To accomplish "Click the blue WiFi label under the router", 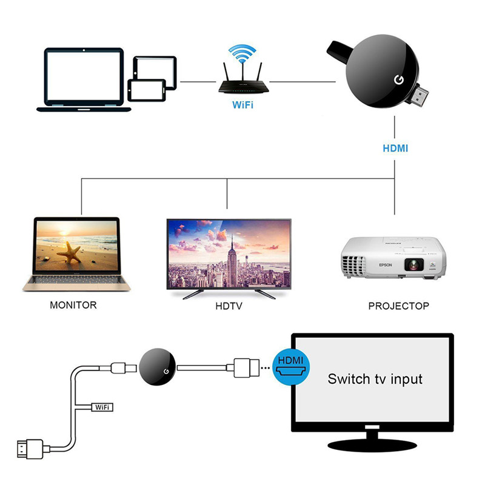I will [x=242, y=104].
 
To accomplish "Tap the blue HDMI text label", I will [x=395, y=148].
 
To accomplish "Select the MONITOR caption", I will [x=73, y=305].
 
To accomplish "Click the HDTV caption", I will [x=229, y=306].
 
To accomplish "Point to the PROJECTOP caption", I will [x=398, y=306].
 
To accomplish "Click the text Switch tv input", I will [x=375, y=380].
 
